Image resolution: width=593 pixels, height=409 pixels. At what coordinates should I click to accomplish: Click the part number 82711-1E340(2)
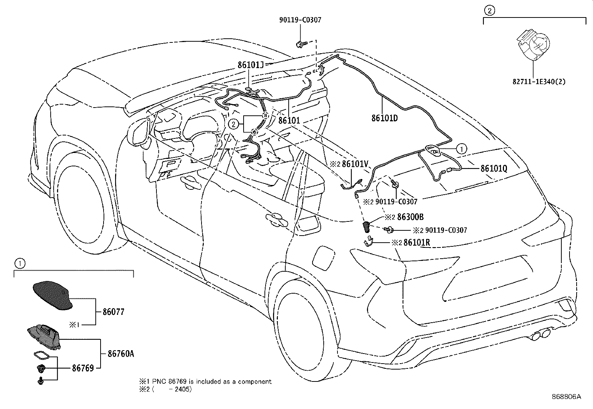(539, 82)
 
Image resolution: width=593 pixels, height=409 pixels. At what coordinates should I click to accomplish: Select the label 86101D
(384, 118)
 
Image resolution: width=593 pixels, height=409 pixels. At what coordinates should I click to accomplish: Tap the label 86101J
(250, 65)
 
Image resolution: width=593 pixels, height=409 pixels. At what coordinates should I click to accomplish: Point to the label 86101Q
(494, 169)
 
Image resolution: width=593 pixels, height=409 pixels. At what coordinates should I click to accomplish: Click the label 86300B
(410, 217)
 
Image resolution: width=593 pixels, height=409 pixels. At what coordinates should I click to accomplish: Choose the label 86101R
(417, 242)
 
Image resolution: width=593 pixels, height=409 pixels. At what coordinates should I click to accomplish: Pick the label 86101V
(355, 164)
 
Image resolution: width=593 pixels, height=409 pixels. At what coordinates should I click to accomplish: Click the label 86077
(113, 312)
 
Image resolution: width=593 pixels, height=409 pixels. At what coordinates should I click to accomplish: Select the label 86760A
(121, 354)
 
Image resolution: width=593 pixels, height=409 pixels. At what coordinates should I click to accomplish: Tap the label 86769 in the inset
(83, 368)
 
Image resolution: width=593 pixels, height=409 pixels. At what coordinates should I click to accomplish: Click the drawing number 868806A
(566, 397)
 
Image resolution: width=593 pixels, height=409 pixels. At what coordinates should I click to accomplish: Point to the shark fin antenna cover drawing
(53, 295)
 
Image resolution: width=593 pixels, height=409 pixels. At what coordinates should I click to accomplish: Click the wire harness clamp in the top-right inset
(533, 44)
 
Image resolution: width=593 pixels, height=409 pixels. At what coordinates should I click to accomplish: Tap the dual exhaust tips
(540, 334)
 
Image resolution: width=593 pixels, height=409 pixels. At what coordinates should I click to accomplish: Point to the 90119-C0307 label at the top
(300, 20)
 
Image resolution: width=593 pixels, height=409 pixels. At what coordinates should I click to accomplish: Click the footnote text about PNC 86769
(206, 381)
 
